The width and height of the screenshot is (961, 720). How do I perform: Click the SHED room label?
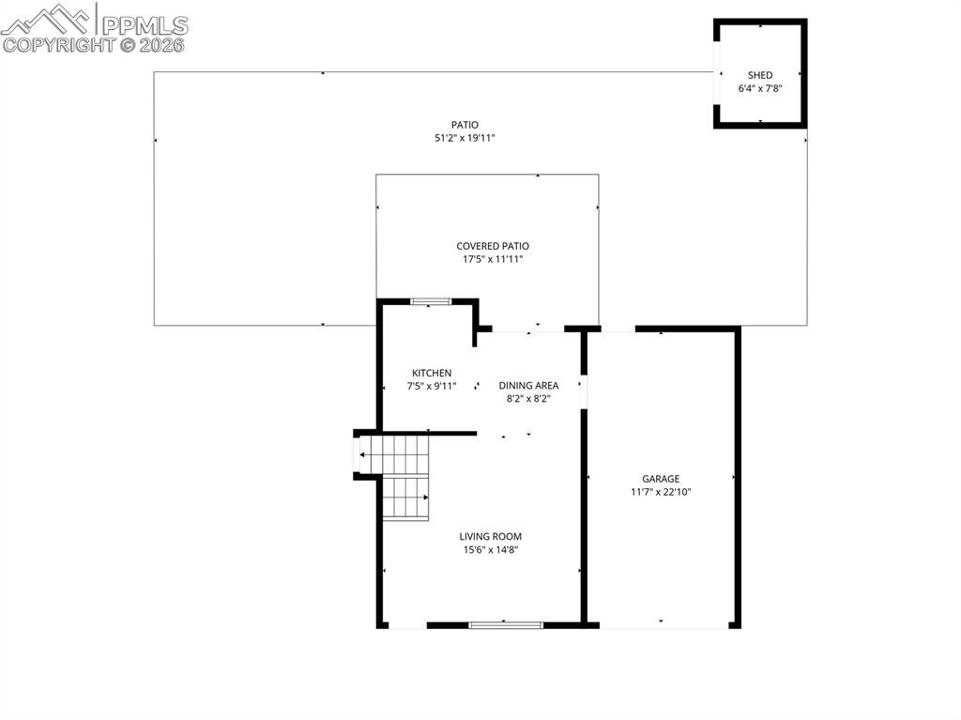click(x=760, y=75)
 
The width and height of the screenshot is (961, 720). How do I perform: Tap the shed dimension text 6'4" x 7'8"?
click(x=760, y=88)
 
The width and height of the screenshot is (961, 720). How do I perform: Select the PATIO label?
click(x=465, y=125)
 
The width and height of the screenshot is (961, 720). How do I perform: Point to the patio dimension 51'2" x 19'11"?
click(x=465, y=138)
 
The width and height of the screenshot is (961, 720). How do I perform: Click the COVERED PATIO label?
click(x=493, y=246)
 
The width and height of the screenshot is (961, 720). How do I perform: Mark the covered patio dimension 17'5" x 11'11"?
click(x=493, y=259)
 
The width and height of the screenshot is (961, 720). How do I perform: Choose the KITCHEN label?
click(x=432, y=373)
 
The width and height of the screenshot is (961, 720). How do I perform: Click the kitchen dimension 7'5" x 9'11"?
click(x=432, y=387)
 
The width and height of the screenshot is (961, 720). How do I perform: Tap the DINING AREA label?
click(x=528, y=386)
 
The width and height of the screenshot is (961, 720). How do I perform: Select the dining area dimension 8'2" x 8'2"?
click(x=528, y=399)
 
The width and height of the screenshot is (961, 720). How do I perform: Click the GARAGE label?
click(x=661, y=479)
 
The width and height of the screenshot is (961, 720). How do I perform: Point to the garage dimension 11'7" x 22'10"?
click(x=661, y=492)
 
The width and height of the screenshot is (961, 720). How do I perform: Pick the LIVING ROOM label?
click(x=490, y=537)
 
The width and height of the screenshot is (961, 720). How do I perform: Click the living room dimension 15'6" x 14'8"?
click(x=490, y=550)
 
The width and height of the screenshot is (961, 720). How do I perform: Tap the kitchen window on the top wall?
click(x=430, y=301)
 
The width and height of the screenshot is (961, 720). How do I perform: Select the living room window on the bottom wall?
click(x=506, y=625)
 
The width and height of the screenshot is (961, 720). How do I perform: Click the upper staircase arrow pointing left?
click(x=393, y=454)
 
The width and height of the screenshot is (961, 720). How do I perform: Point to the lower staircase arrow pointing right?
click(x=405, y=498)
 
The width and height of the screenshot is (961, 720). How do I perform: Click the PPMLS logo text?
click(x=145, y=25)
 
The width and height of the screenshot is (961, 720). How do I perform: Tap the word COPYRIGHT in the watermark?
click(x=59, y=45)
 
